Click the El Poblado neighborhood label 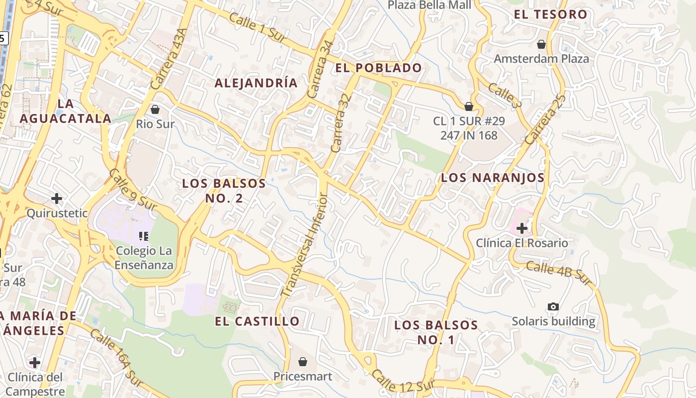378,68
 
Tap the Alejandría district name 256,83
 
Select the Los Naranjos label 493,178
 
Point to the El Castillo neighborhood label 257,321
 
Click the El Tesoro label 551,14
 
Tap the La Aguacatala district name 66,111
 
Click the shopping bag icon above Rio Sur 155,109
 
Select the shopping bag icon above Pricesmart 302,361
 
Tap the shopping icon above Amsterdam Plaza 541,44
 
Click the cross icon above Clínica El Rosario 522,228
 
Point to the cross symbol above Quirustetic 57,199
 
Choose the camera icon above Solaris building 553,306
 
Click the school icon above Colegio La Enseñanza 144,236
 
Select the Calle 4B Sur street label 559,274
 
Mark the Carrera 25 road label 545,119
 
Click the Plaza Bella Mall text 429,5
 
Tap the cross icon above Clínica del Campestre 34,362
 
